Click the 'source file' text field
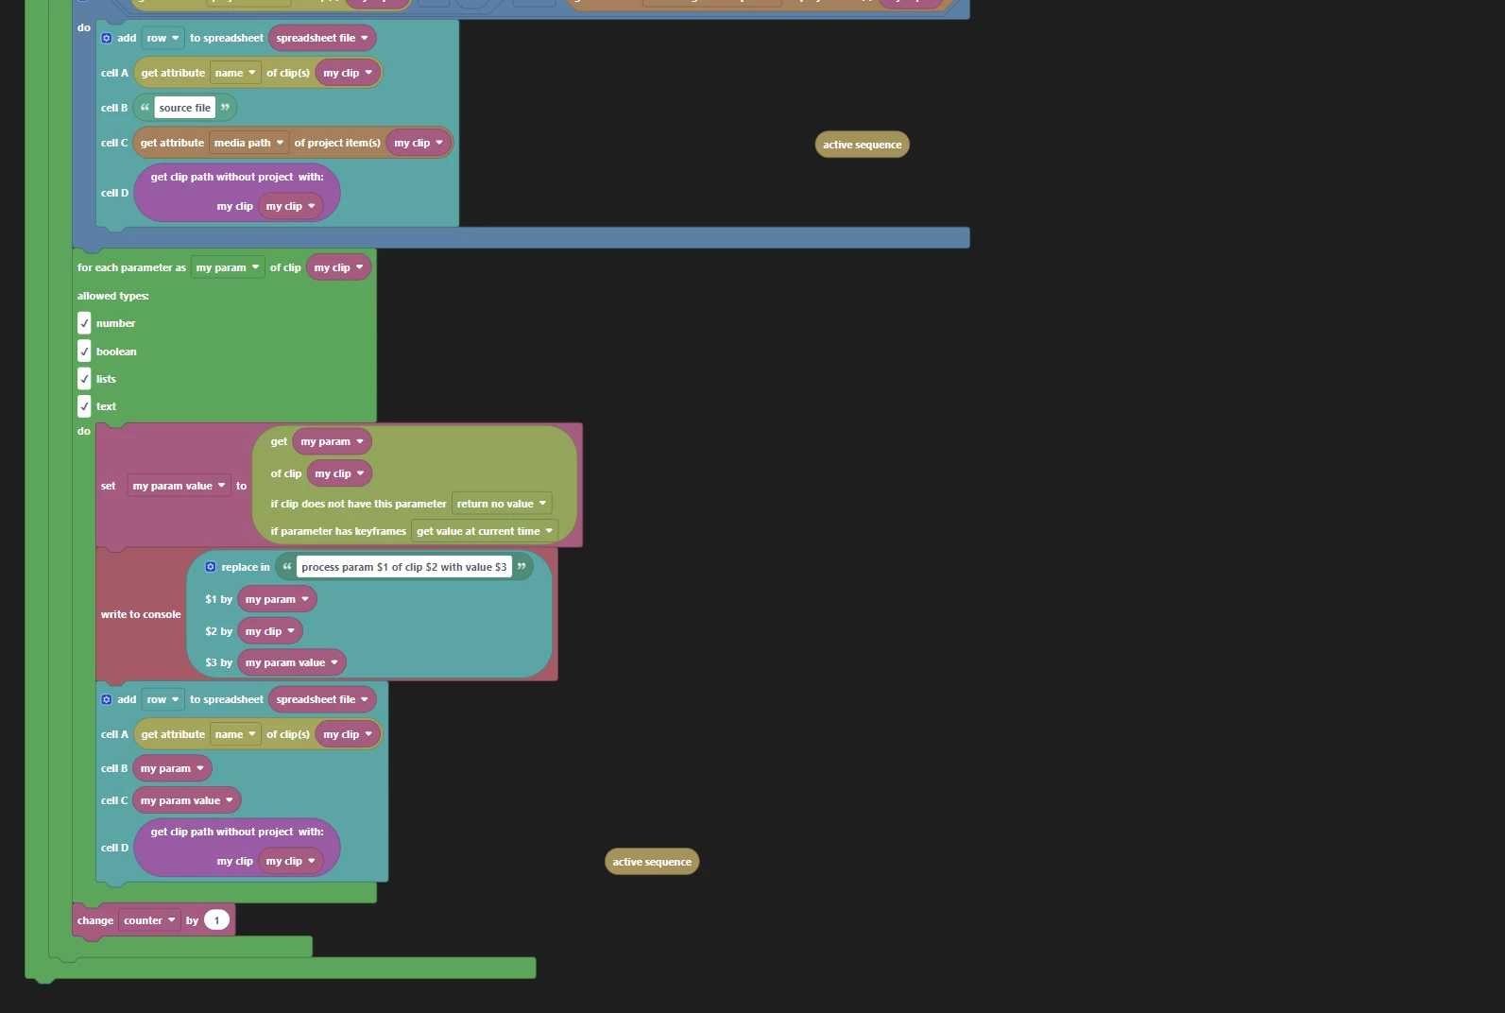click(x=185, y=108)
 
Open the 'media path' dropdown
click(x=248, y=143)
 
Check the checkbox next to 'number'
click(x=84, y=323)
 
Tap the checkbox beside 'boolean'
click(x=84, y=352)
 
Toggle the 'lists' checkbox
click(x=84, y=379)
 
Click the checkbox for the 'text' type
click(x=84, y=406)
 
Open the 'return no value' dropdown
click(x=501, y=504)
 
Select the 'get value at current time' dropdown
click(x=484, y=531)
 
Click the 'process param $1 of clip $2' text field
click(x=403, y=567)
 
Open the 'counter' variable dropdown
click(x=149, y=920)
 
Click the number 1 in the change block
click(x=216, y=920)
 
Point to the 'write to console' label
click(x=141, y=614)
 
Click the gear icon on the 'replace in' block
click(x=211, y=567)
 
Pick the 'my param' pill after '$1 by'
click(x=277, y=599)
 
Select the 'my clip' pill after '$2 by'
click(x=270, y=631)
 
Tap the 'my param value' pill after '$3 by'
click(x=291, y=662)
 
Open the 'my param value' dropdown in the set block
click(x=179, y=486)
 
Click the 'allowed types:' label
click(x=113, y=296)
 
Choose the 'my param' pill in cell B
click(x=172, y=768)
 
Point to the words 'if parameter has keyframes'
click(x=338, y=531)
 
